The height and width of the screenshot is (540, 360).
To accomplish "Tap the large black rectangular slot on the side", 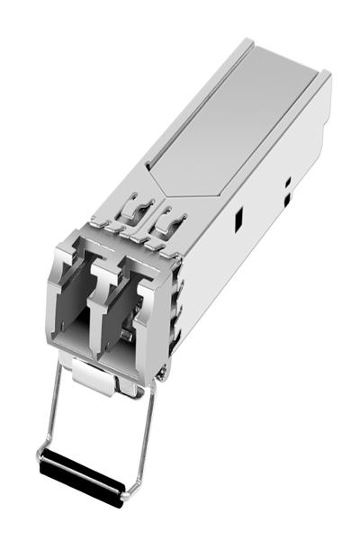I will (x=238, y=219).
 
